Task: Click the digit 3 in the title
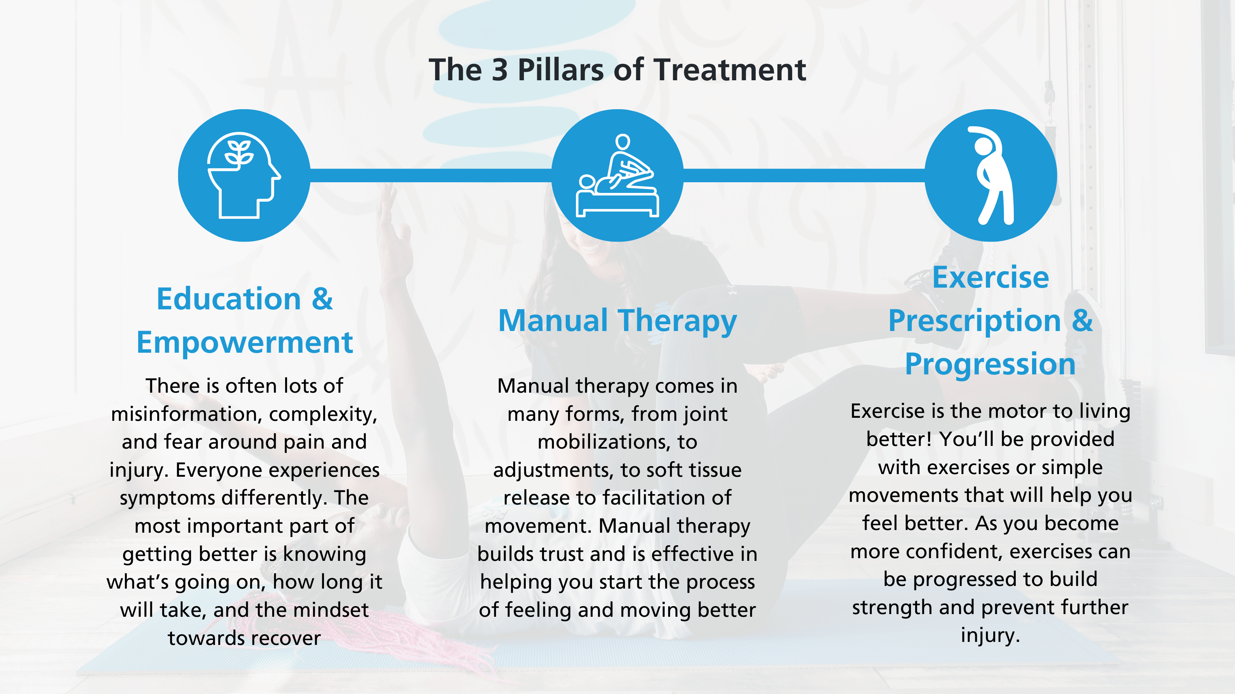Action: (499, 70)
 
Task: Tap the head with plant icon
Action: (244, 175)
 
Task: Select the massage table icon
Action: (617, 175)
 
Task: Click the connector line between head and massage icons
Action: (431, 175)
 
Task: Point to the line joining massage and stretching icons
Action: (804, 175)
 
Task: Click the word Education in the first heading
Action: (229, 299)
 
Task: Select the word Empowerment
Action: (244, 343)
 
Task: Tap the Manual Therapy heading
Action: (617, 321)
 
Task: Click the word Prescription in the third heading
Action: (974, 321)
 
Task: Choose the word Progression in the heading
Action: (991, 364)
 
